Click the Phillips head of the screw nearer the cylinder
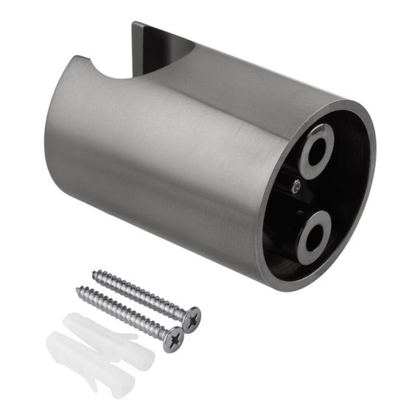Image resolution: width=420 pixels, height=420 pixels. coord(190,318)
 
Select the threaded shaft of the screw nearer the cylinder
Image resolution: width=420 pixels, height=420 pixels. coord(140,295)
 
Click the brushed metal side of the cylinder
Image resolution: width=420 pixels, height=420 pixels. coord(162,162)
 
